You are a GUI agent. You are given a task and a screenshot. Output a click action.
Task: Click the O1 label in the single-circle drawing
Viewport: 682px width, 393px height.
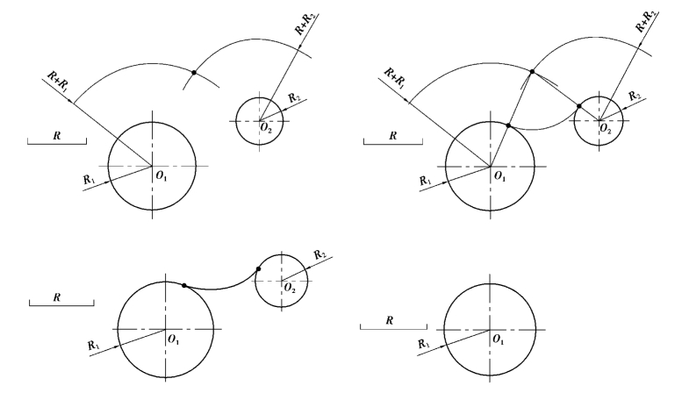(498, 339)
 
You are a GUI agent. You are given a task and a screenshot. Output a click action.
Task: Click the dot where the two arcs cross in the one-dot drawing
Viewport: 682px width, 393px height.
(192, 72)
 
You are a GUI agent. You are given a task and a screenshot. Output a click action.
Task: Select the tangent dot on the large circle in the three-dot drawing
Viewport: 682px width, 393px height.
(508, 126)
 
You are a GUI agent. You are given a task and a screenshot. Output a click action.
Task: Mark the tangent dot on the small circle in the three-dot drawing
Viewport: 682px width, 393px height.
(578, 107)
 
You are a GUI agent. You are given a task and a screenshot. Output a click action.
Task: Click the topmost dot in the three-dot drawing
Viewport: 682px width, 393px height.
(532, 71)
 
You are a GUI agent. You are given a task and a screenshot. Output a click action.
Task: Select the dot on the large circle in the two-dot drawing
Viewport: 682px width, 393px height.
(183, 285)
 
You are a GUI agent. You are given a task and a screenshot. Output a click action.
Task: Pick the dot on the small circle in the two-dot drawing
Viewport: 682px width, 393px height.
(257, 270)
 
